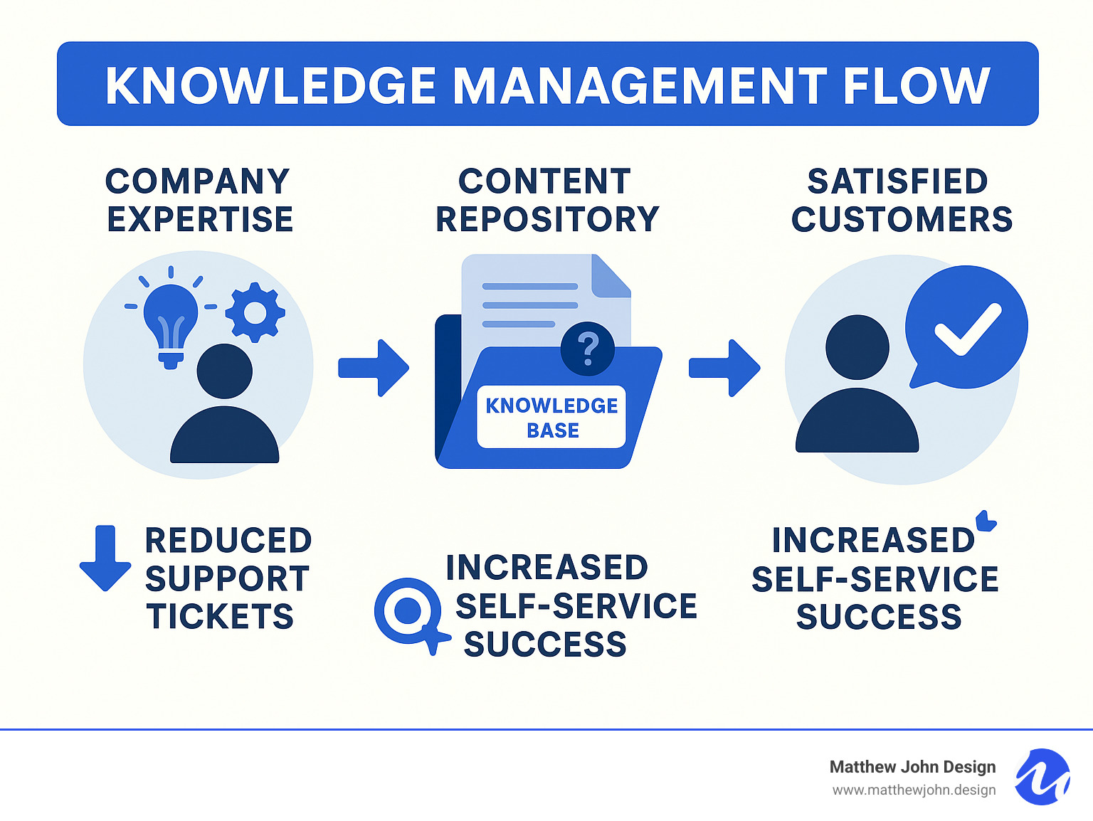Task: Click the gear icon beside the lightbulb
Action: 255,312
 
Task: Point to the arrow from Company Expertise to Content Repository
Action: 374,367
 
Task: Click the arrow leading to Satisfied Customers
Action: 724,367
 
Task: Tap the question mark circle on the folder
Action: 587,349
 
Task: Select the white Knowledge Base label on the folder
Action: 551,418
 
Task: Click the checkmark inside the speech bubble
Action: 967,329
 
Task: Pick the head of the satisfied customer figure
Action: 857,347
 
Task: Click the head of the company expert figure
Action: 224,371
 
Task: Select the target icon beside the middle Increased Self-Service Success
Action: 408,610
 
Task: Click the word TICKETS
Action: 220,616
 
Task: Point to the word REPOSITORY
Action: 547,219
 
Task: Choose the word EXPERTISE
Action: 200,219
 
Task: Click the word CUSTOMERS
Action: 902,219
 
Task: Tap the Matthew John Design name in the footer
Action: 912,767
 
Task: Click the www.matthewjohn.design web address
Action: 914,790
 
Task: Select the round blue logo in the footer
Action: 1042,777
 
